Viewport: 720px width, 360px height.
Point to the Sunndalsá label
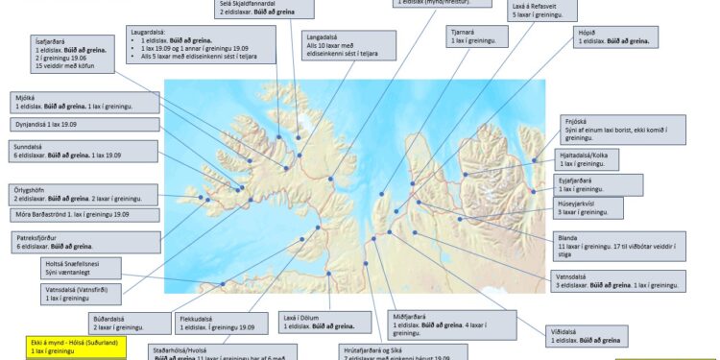click(29, 146)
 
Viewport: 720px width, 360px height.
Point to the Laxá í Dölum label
click(300, 316)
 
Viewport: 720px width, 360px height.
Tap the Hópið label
click(588, 32)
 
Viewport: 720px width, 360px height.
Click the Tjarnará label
click(465, 33)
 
